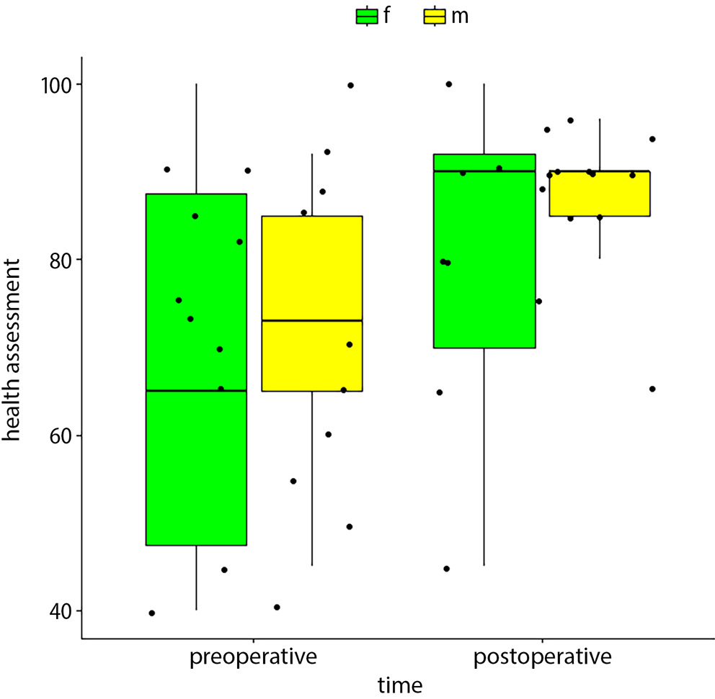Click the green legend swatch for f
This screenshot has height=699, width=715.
coord(367,16)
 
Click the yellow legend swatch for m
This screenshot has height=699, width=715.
coord(435,16)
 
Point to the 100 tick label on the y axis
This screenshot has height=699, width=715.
coord(54,85)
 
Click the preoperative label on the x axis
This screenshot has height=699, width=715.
coord(253,657)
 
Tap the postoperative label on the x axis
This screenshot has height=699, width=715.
coord(542,657)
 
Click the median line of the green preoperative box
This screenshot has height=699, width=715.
coord(196,390)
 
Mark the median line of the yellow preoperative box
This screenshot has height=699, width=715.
coord(311,320)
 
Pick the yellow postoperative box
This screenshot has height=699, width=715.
coord(599,194)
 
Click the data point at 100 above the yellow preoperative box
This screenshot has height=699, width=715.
coord(350,85)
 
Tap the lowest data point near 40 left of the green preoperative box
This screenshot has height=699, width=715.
coord(151,613)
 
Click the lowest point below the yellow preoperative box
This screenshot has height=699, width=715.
coord(277,607)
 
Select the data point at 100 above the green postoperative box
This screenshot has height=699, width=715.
coord(448,84)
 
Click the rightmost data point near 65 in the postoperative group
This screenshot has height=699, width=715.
coord(652,389)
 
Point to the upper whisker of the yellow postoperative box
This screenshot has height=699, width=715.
coord(599,145)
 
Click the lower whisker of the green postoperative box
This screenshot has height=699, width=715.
coord(484,457)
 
